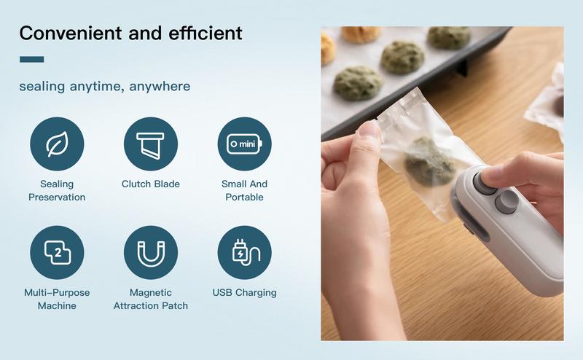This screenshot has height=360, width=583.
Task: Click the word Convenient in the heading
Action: (66, 33)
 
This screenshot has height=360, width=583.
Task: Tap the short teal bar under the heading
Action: (31, 60)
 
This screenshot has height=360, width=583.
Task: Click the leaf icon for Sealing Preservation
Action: (57, 144)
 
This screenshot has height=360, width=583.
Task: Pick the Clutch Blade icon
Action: (151, 144)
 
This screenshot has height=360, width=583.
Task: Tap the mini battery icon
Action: (244, 144)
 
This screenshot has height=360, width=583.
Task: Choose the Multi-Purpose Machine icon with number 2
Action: (57, 252)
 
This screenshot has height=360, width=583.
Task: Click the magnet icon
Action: (151, 252)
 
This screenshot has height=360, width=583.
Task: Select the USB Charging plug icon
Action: (244, 252)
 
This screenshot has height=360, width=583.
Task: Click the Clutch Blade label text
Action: (151, 184)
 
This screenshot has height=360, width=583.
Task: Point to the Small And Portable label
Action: (244, 191)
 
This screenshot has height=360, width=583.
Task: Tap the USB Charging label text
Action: (244, 293)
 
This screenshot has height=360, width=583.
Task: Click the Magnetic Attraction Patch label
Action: (151, 300)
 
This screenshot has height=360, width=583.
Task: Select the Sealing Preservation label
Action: (57, 191)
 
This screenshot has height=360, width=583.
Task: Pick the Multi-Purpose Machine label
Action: (57, 300)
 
